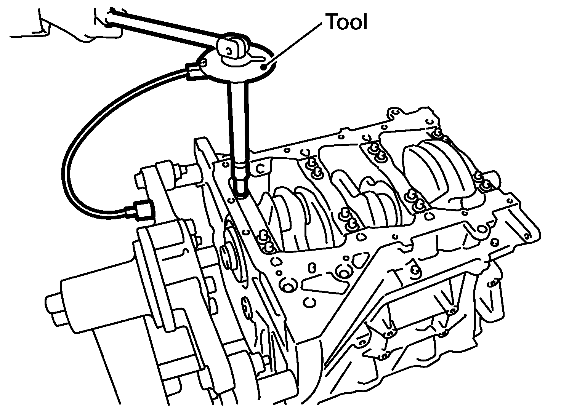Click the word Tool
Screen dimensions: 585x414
347,22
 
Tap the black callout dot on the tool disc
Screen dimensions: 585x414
263,67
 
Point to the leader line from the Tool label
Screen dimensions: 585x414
293,45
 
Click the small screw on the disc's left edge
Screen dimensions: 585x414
203,62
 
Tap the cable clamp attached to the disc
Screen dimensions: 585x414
192,72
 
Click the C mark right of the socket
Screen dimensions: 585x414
260,169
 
